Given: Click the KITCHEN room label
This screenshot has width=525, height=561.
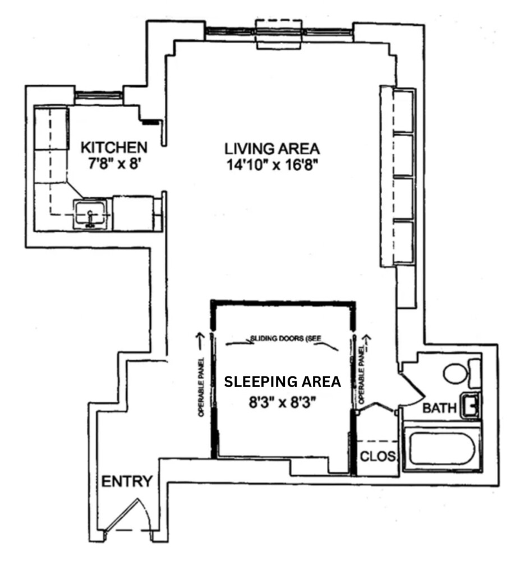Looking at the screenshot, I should [x=114, y=148].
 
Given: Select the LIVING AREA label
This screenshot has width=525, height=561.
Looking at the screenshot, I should [x=272, y=149].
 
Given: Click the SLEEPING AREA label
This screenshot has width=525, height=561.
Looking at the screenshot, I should [x=282, y=382].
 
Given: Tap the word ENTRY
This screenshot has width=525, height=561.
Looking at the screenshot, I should [x=127, y=481].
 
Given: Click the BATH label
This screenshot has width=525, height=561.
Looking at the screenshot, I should [x=439, y=408].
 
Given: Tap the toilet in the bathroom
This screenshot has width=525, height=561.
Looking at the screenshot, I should [x=457, y=373].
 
